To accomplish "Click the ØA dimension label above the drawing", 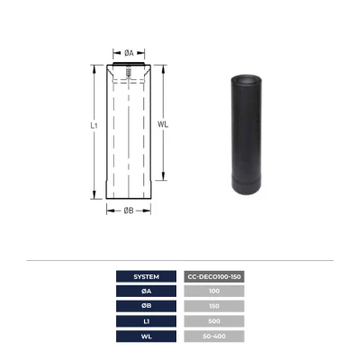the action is [x=129, y=53].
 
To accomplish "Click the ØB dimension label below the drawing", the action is [x=129, y=211].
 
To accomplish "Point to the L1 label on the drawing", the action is [x=94, y=125].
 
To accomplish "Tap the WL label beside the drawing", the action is [x=163, y=124].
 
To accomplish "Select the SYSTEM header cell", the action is [x=146, y=276].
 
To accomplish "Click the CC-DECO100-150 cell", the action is [x=214, y=276].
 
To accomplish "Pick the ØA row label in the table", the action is [x=146, y=291].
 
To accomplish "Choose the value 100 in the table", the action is [x=214, y=291].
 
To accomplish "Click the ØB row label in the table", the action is [x=146, y=306].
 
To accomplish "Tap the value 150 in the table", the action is [x=214, y=306].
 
